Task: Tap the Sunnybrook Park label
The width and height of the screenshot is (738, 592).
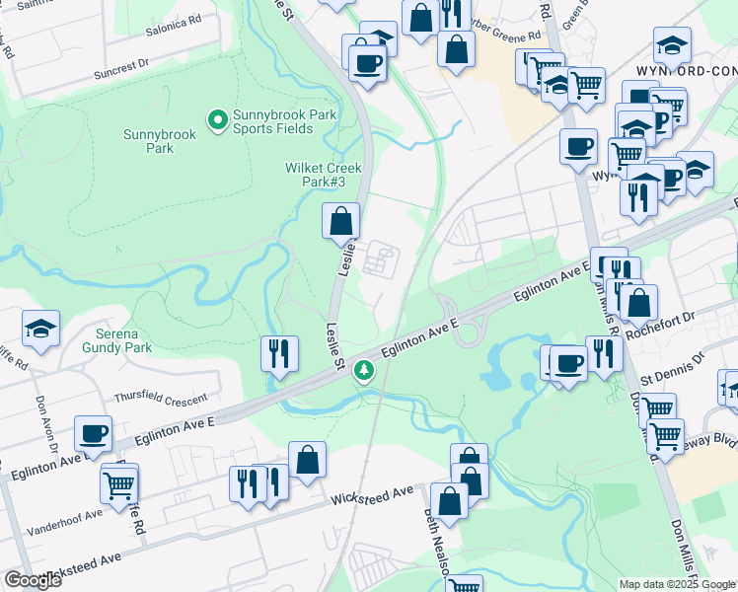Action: [x=148, y=141]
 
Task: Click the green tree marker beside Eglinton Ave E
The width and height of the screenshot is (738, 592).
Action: [x=366, y=371]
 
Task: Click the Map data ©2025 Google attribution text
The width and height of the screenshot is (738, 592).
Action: [x=677, y=584]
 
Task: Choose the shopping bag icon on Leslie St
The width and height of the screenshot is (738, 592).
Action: [x=340, y=220]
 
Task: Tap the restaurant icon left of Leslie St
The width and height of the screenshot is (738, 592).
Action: [x=279, y=353]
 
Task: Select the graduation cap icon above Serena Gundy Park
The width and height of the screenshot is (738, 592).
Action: [x=41, y=330]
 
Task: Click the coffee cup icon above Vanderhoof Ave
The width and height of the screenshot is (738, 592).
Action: [x=93, y=433]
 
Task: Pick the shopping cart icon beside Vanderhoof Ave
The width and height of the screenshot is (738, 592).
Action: [x=118, y=482]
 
